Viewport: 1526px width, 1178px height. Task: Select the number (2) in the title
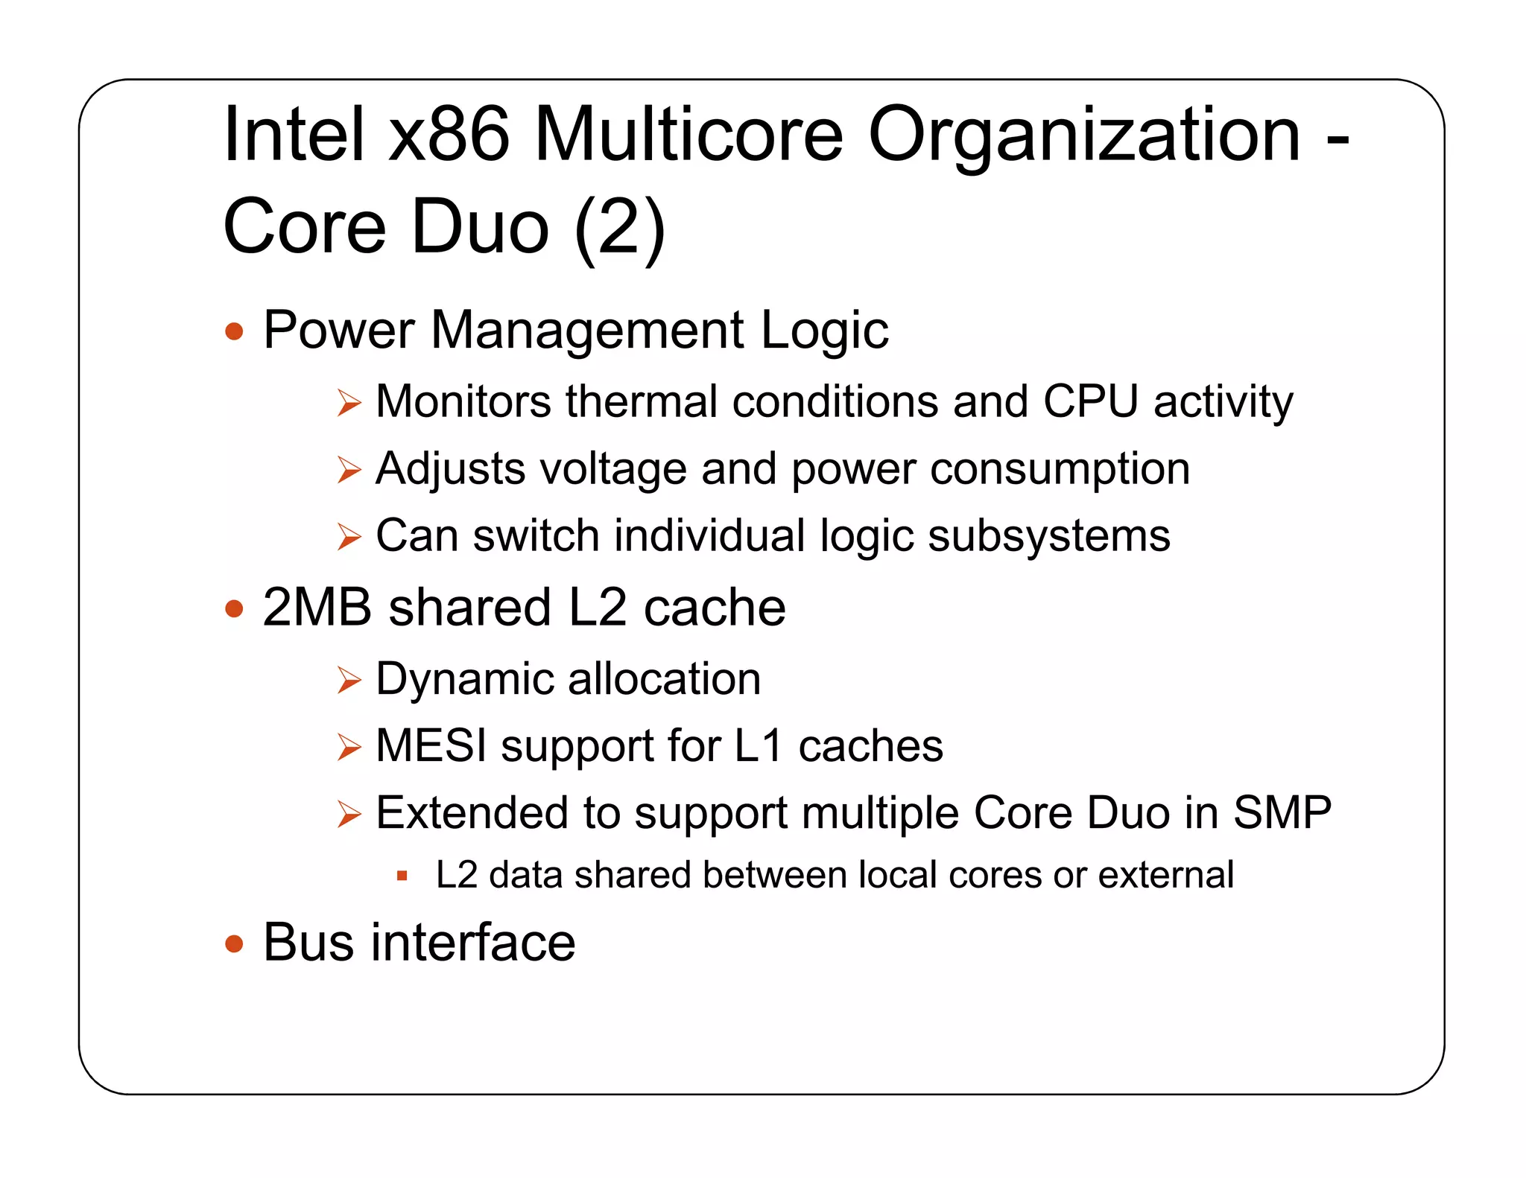pos(621,227)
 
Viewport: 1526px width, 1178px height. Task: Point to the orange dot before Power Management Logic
pos(234,331)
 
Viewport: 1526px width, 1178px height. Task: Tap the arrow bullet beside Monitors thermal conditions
pos(349,403)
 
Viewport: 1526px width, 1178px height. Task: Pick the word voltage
pos(612,469)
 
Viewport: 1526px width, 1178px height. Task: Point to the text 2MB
pos(317,608)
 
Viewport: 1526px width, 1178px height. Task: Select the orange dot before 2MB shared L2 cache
pos(234,609)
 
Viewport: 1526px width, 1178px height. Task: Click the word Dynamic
pos(463,679)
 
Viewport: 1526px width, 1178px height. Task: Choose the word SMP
pos(1282,812)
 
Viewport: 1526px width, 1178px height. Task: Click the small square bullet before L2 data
pos(402,876)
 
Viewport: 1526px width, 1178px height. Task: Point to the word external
pos(1166,875)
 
